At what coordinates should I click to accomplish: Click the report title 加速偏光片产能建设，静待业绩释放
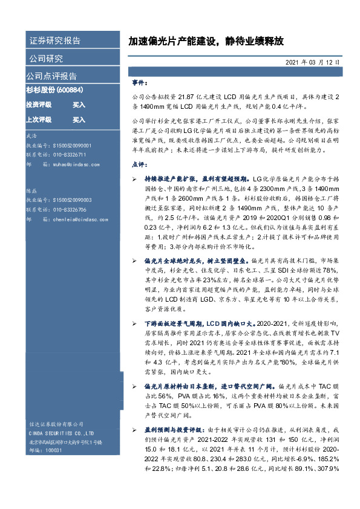tap(205, 42)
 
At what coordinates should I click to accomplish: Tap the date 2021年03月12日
tap(312, 62)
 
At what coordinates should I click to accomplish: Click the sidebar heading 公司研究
tap(45, 59)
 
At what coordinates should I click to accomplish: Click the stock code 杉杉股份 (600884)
tap(54, 91)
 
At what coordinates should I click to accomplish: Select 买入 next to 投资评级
tap(79, 105)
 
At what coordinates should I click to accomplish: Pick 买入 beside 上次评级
tap(79, 119)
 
